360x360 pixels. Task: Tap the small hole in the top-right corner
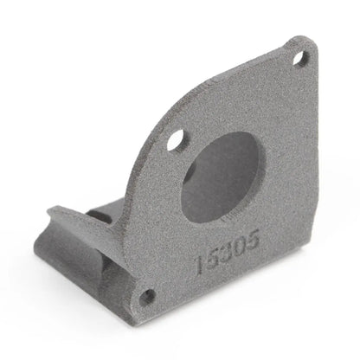coord(302,60)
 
